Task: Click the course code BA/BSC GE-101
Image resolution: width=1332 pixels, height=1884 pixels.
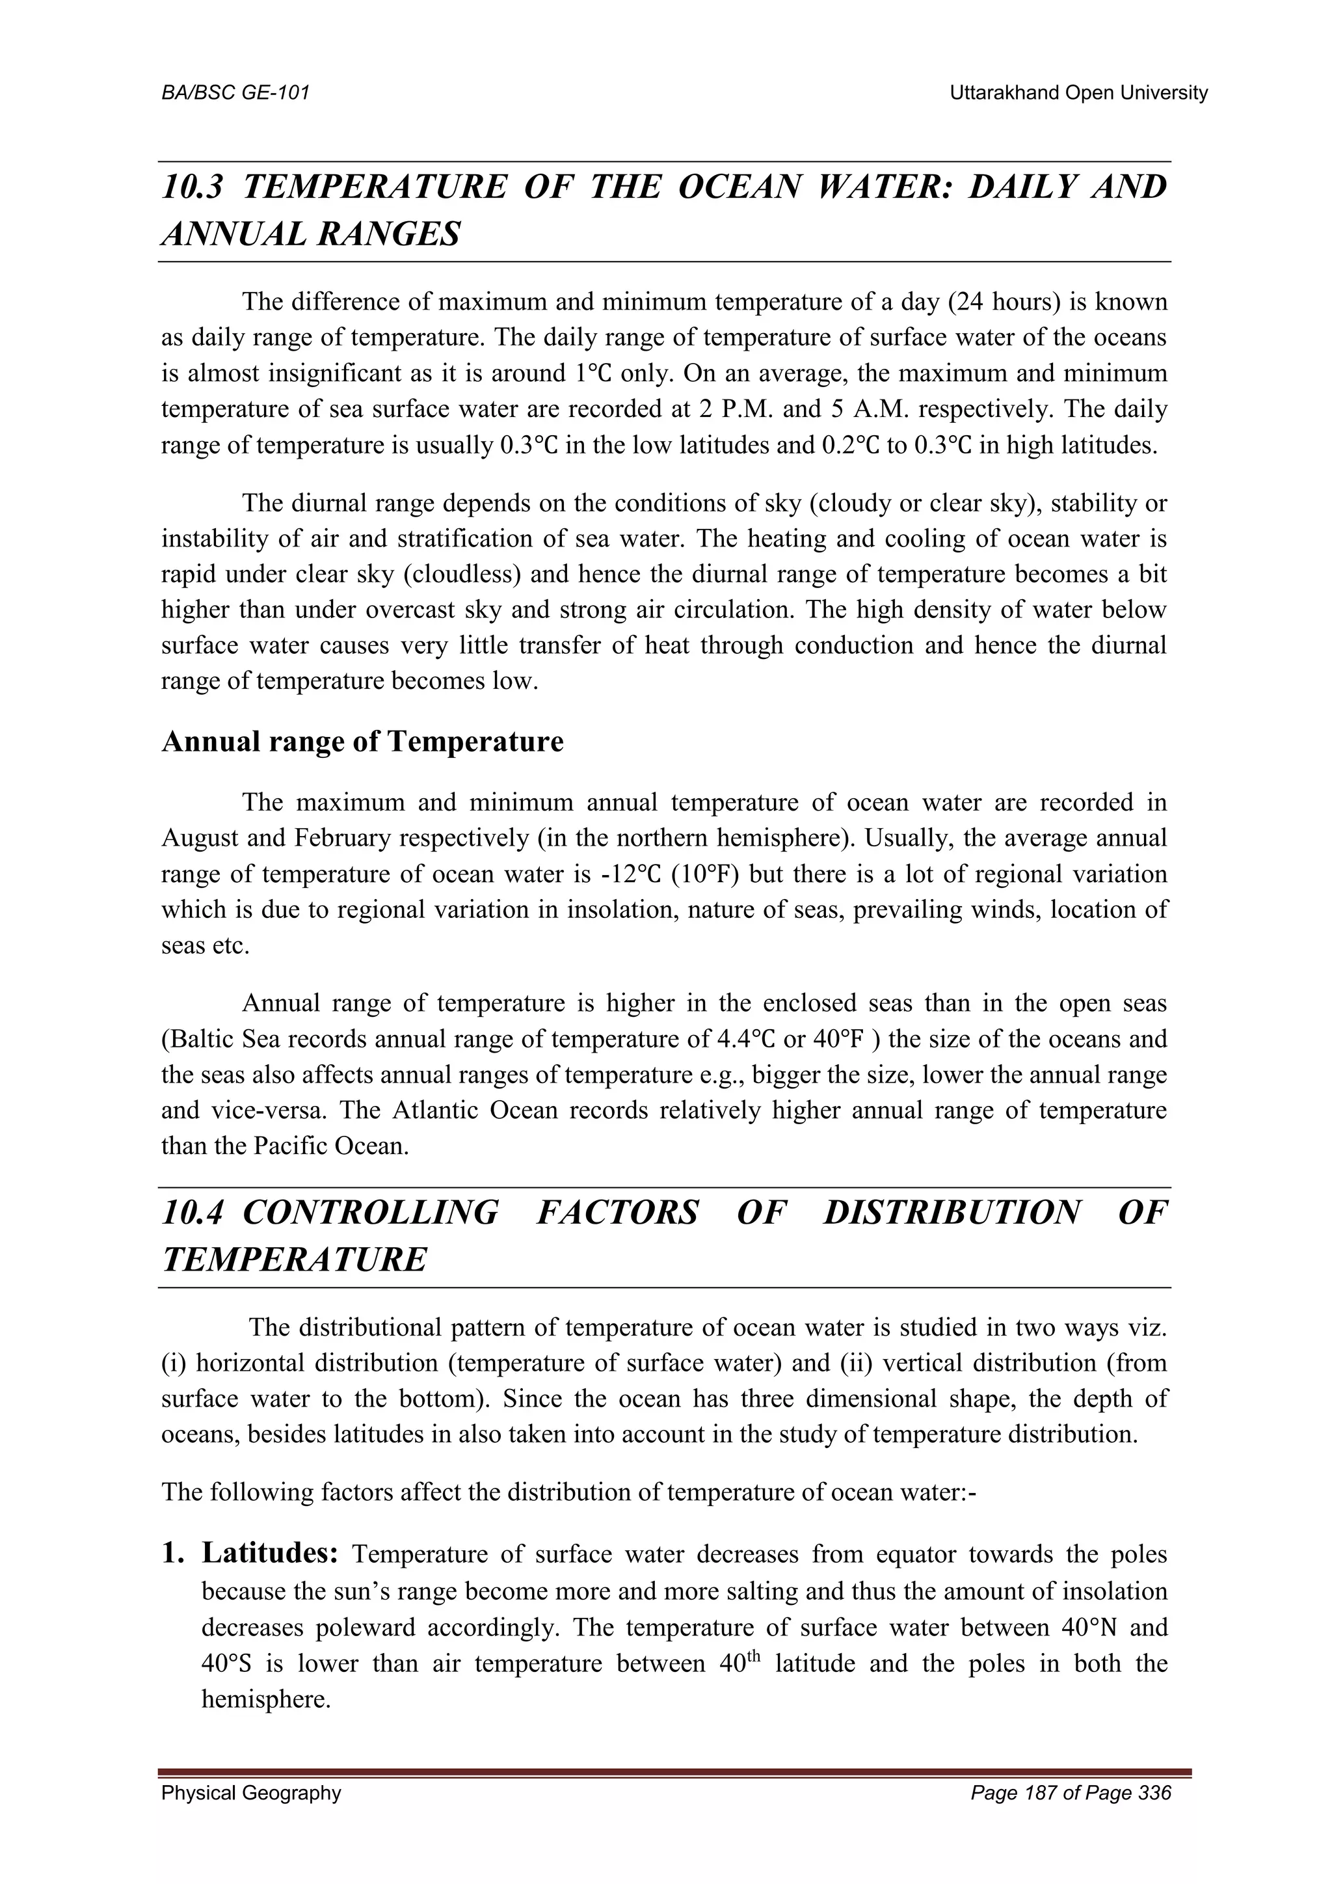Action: [235, 94]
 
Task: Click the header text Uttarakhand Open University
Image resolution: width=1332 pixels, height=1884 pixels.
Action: [1078, 94]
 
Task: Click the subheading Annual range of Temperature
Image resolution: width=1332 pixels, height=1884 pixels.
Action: [362, 742]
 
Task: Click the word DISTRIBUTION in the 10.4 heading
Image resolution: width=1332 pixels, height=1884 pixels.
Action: [952, 1213]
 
